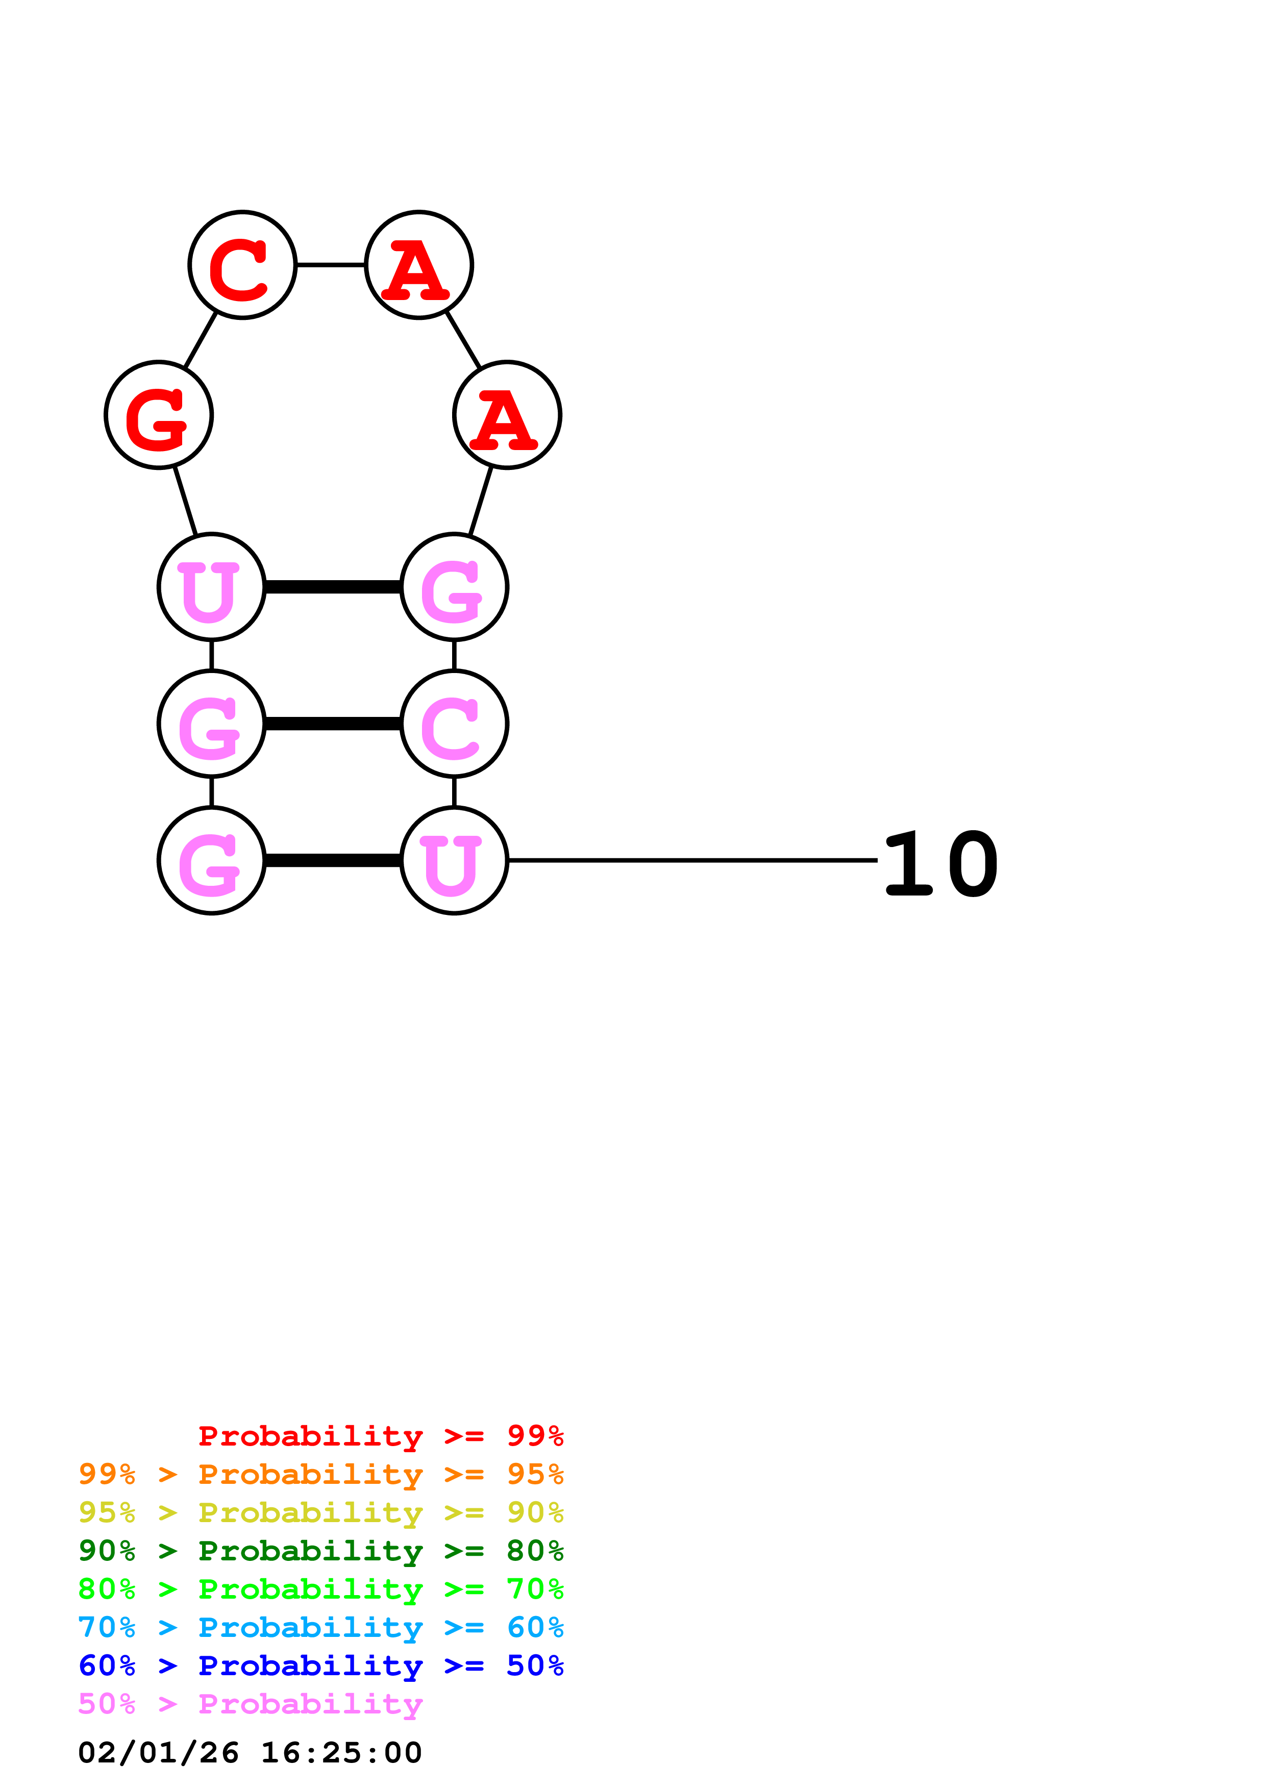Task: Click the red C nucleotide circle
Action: point(242,265)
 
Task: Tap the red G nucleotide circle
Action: point(159,415)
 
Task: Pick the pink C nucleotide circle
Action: point(454,724)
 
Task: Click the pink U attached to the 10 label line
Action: point(454,861)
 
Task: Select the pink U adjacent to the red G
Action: point(212,587)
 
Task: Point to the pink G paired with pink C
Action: point(212,724)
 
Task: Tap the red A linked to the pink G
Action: point(507,415)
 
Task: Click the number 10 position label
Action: point(941,864)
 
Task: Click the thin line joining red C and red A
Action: point(331,265)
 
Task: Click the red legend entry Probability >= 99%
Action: point(381,1436)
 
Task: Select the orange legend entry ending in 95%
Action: point(321,1474)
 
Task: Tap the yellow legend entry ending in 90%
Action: point(321,1512)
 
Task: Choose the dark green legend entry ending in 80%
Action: point(321,1551)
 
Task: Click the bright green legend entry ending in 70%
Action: point(321,1589)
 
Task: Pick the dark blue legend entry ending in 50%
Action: point(321,1665)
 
